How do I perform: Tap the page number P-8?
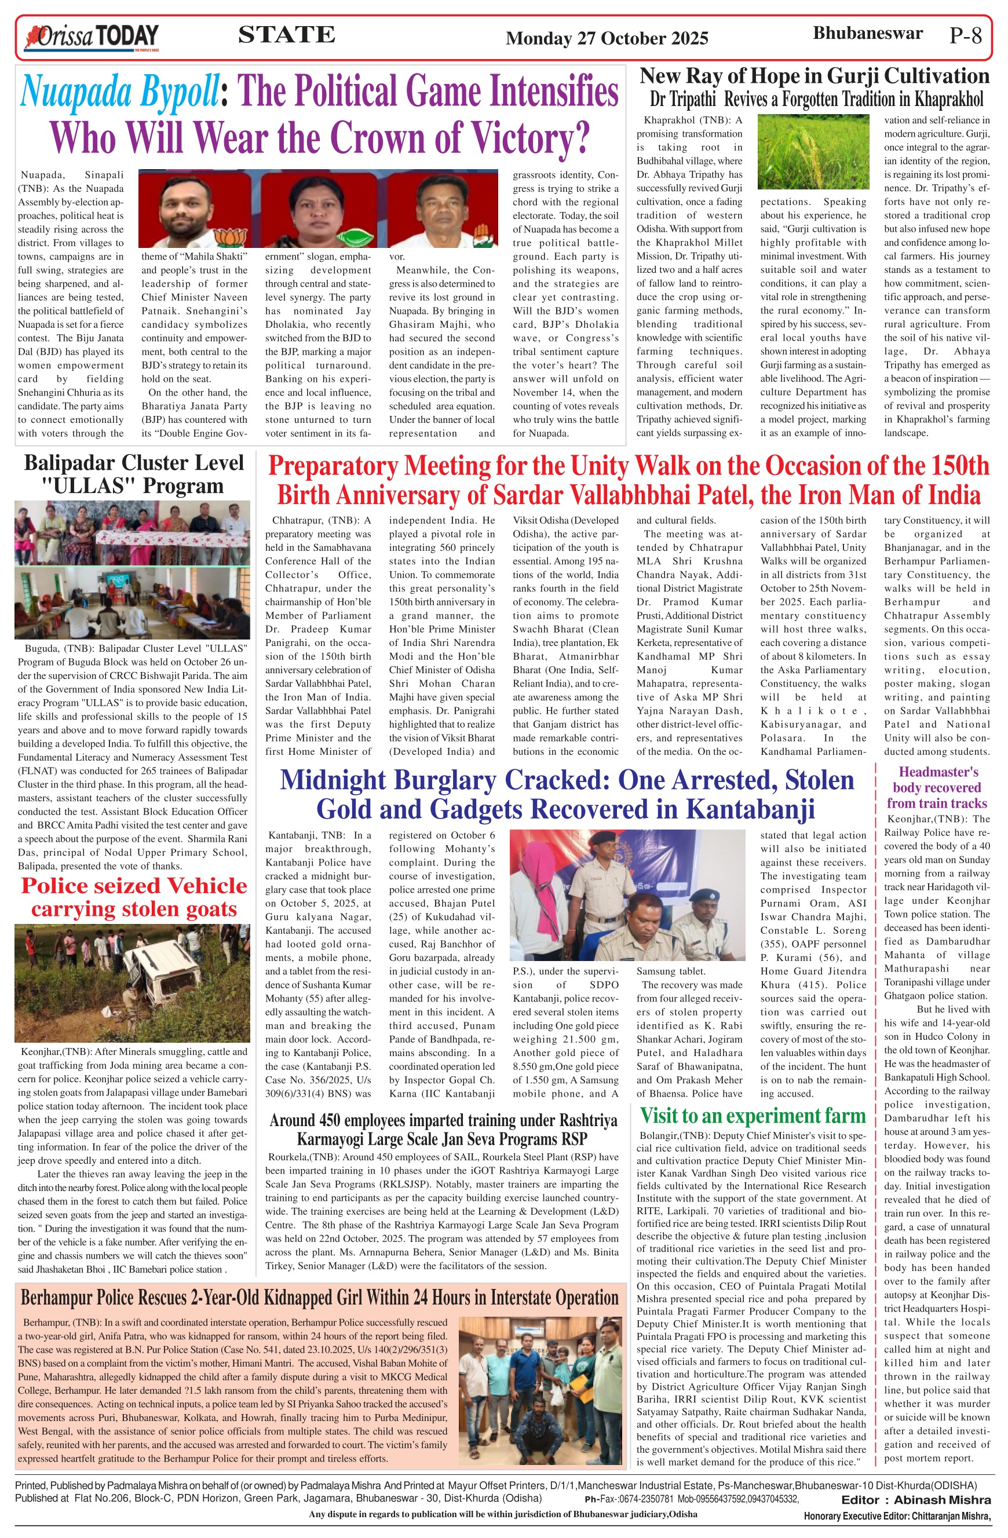(965, 35)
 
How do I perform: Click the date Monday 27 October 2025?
(607, 39)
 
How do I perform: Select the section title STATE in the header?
(286, 35)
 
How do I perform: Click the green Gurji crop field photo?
(813, 152)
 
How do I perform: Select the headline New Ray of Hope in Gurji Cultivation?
(814, 76)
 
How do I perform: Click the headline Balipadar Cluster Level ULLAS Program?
(134, 474)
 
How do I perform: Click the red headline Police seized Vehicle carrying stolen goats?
(134, 897)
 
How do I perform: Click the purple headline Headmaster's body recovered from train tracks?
(937, 788)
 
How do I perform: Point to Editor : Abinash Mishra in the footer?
(915, 1500)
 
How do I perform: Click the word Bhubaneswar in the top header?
(867, 34)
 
